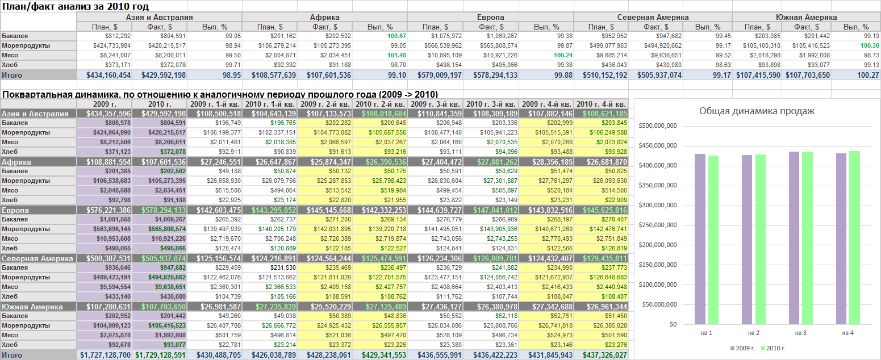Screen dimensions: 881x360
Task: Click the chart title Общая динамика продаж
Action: [757, 111]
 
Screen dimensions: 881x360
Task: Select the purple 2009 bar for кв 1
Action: [700, 239]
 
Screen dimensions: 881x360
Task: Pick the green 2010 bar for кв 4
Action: [854, 238]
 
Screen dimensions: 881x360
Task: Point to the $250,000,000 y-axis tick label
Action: [658, 225]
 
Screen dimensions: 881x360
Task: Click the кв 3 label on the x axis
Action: [800, 333]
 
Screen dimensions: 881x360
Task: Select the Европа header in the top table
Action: [490, 17]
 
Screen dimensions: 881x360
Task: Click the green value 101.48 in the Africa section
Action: [396, 56]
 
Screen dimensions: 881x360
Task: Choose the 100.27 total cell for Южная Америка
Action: [867, 75]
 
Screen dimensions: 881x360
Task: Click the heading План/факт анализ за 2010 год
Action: [76, 6]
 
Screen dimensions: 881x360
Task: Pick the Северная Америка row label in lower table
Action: [37, 258]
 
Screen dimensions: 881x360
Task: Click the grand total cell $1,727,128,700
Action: [105, 355]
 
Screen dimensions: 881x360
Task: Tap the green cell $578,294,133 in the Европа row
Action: [163, 210]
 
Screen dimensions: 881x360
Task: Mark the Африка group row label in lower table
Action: [16, 162]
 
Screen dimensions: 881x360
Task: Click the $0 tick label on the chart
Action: [673, 324]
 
